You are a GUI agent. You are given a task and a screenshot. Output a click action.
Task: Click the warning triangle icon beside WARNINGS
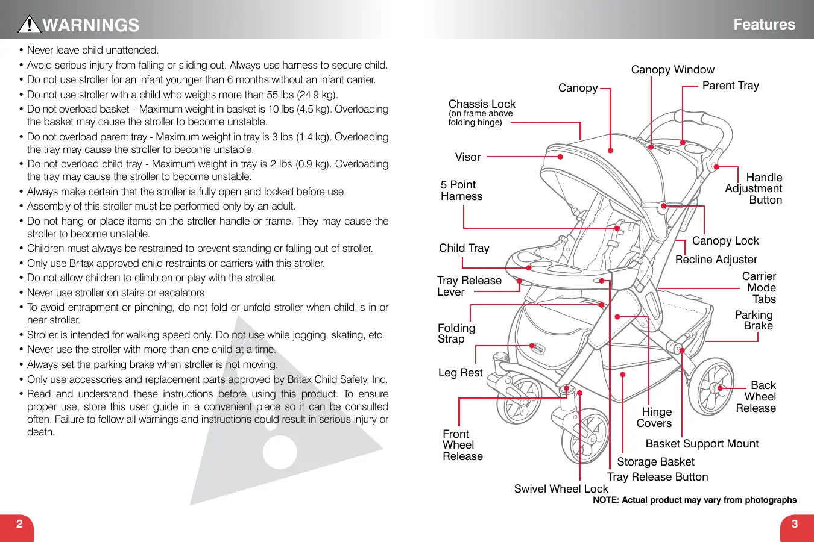click(x=29, y=24)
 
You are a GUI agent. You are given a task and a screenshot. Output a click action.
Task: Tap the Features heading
click(x=764, y=25)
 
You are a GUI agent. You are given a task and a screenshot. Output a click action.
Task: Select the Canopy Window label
click(x=672, y=70)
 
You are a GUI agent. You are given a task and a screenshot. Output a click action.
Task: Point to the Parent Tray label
click(x=730, y=86)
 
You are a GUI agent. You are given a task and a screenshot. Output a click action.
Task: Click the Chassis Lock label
click(x=482, y=104)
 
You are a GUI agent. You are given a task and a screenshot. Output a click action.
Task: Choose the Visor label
click(x=467, y=157)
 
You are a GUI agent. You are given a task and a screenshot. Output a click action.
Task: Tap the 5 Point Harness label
click(x=461, y=190)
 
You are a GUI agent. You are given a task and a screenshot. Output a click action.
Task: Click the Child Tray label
click(x=464, y=248)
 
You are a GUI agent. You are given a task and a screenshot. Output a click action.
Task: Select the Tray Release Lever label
click(x=469, y=286)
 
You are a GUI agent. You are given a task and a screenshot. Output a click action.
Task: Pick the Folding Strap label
click(x=456, y=334)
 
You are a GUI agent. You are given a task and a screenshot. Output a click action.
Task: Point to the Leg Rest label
click(x=460, y=373)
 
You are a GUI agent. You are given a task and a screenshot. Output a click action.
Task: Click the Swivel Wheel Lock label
click(x=561, y=489)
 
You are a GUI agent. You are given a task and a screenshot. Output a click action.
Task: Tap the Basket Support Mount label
click(x=702, y=444)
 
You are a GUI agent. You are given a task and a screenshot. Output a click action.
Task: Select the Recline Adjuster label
click(x=716, y=260)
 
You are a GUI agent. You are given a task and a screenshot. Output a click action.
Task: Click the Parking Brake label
click(x=754, y=320)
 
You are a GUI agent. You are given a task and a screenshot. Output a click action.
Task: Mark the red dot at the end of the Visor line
click(x=560, y=157)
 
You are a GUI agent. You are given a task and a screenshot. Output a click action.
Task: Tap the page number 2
click(x=19, y=524)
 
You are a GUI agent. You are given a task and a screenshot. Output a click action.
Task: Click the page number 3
click(x=795, y=524)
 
